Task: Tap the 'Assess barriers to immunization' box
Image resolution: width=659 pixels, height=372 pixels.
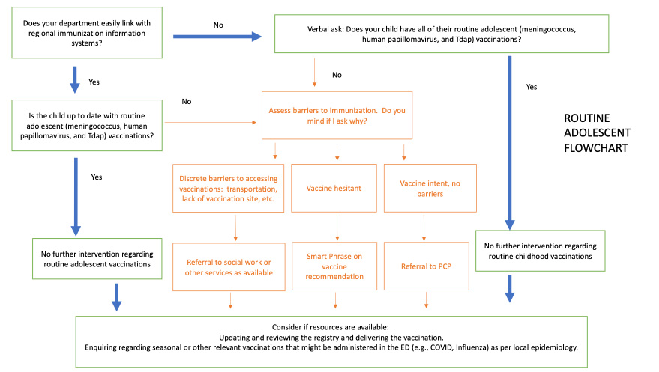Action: pos(337,115)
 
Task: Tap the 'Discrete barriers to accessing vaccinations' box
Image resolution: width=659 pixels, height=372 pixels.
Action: pos(229,188)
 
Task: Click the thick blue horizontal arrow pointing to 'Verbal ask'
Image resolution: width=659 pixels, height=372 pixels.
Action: pos(218,35)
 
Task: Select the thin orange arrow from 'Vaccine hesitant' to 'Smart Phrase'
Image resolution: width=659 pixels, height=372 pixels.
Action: pos(337,225)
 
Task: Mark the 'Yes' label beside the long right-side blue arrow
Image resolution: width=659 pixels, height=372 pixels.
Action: pos(532,87)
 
